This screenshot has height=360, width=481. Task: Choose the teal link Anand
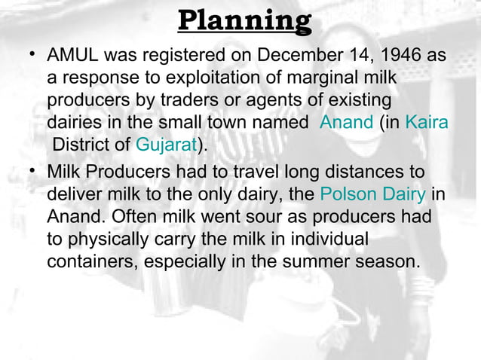pyautogui.click(x=347, y=122)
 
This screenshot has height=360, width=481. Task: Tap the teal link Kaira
pyautogui.click(x=427, y=122)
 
